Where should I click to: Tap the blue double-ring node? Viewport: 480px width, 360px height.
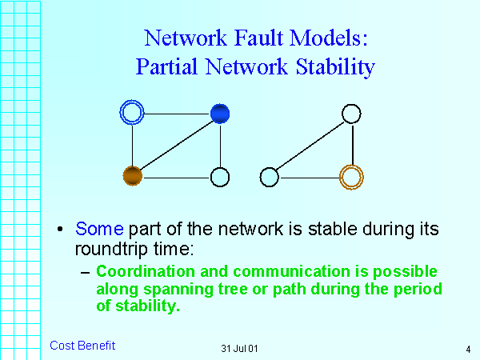[x=131, y=114]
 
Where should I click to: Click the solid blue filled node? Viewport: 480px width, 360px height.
[x=220, y=114]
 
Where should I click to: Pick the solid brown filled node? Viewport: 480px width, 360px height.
[x=132, y=176]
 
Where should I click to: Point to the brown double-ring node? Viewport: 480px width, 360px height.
[x=351, y=176]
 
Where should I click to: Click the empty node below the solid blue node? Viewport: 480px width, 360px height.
[x=220, y=177]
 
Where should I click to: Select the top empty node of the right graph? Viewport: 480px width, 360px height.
[x=351, y=114]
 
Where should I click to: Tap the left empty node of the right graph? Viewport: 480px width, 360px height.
[x=270, y=177]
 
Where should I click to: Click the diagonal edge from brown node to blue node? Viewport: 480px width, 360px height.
[x=176, y=145]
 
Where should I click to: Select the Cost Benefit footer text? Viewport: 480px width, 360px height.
[x=82, y=346]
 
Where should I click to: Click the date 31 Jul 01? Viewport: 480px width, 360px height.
[x=239, y=349]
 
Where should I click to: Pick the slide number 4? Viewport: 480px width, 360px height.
[x=467, y=349]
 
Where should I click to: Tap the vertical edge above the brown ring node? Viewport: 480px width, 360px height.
[x=352, y=144]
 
